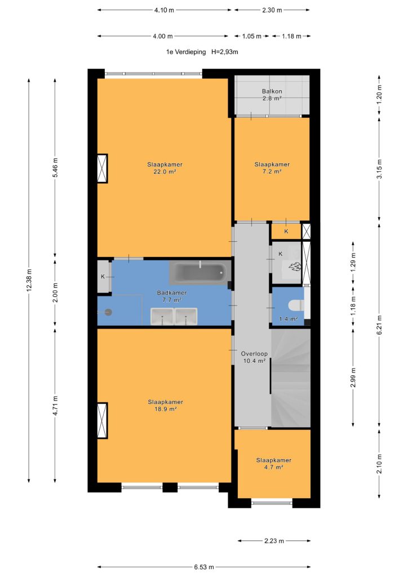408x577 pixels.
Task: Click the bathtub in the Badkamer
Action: pyautogui.click(x=200, y=272)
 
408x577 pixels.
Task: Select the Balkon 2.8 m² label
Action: pyautogui.click(x=272, y=95)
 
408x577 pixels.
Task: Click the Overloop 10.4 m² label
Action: pyautogui.click(x=254, y=357)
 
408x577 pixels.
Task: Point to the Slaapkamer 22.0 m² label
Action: pyautogui.click(x=165, y=168)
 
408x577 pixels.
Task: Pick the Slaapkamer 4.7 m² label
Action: pyautogui.click(x=274, y=464)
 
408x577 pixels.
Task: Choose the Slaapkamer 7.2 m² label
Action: pyautogui.click(x=272, y=168)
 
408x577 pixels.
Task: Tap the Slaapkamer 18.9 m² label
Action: pyautogui.click(x=165, y=406)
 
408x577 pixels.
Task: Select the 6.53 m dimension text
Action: pyautogui.click(x=204, y=567)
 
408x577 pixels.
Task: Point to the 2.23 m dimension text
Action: pyautogui.click(x=274, y=541)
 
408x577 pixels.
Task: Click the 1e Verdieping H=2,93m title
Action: pyautogui.click(x=202, y=52)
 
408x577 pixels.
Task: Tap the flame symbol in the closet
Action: pyautogui.click(x=295, y=266)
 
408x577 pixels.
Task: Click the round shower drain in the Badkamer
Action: pyautogui.click(x=108, y=312)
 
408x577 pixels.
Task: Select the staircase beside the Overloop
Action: pyautogui.click(x=291, y=378)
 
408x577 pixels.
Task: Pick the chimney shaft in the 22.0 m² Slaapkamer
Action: pyautogui.click(x=102, y=168)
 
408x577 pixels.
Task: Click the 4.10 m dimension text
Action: pyautogui.click(x=164, y=10)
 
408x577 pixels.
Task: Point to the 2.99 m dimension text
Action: pyautogui.click(x=353, y=378)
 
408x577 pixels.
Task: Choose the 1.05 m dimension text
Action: pyautogui.click(x=252, y=36)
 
